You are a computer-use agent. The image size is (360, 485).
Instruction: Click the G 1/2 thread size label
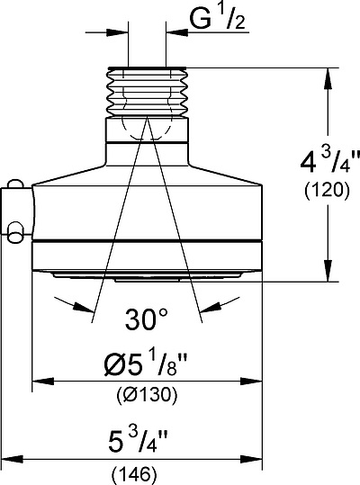[218, 18]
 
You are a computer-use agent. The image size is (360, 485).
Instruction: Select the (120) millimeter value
[327, 191]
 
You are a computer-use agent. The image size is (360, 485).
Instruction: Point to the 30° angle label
[147, 319]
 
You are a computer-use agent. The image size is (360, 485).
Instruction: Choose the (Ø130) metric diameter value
[148, 395]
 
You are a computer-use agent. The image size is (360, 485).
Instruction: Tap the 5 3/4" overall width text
[138, 441]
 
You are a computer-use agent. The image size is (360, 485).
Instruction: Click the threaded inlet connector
[148, 92]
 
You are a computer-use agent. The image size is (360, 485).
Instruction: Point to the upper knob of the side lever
[15, 184]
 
